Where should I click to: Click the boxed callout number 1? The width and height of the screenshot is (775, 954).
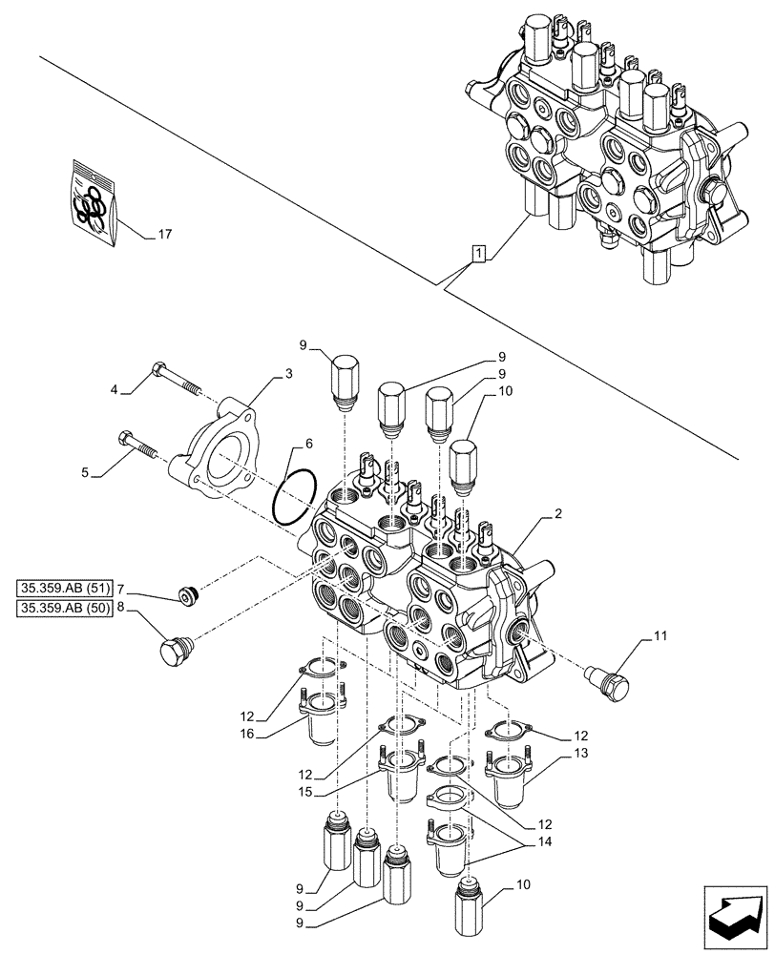click(x=478, y=253)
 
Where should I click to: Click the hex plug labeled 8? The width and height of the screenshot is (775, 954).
click(x=175, y=652)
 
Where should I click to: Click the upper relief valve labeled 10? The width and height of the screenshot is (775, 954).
click(x=463, y=465)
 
